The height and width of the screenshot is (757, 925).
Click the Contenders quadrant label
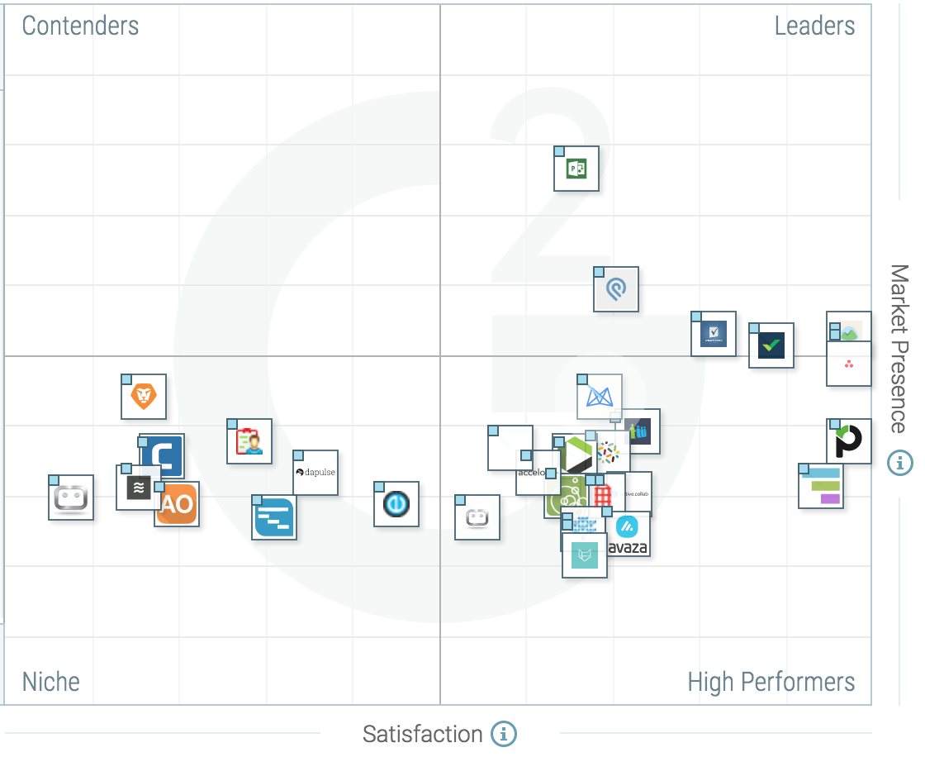80,26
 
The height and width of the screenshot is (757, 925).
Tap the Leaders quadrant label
814,26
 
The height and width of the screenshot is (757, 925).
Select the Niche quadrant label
51,682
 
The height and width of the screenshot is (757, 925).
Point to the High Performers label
771,682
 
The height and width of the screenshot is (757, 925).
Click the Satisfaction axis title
422,734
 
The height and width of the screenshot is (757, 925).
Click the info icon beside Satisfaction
503,733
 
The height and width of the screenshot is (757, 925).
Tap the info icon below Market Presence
899,463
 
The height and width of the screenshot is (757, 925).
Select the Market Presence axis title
899,348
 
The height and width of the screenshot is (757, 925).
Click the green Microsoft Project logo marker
576,169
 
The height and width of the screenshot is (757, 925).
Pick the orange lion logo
145,398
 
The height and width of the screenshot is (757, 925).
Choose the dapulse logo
315,473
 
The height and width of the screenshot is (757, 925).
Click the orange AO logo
177,504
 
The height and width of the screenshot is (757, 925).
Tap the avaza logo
628,536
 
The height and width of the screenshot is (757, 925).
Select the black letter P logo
848,441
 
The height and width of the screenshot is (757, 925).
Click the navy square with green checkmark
771,345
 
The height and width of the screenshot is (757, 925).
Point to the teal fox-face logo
585,555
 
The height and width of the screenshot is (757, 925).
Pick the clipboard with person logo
249,441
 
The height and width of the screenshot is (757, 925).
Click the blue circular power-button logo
396,504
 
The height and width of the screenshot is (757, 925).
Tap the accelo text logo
529,474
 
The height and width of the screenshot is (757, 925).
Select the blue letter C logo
162,455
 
